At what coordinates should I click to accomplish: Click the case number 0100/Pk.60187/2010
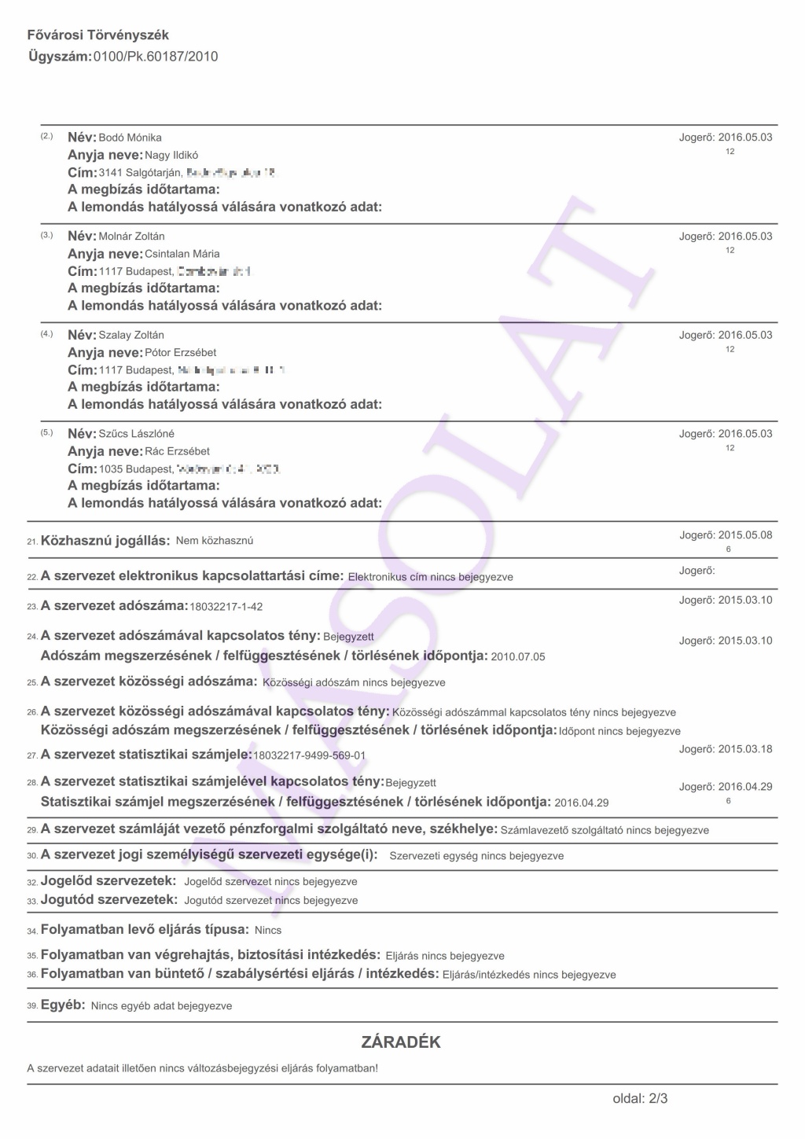[x=156, y=57]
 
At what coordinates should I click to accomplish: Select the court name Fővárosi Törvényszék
[x=98, y=35]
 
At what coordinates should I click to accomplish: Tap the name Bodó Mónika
[x=130, y=138]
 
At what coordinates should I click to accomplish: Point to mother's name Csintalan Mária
[x=182, y=254]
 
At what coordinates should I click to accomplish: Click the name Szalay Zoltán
[x=131, y=335]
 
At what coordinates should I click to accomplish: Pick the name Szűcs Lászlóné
[x=137, y=434]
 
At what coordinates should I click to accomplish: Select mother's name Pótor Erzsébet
[x=181, y=353]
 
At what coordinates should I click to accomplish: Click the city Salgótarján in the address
[x=154, y=173]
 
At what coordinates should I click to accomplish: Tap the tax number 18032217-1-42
[x=226, y=607]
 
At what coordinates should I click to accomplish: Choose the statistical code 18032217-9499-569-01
[x=310, y=755]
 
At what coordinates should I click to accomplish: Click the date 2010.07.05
[x=518, y=656]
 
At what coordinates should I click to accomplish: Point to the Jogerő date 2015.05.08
[x=745, y=535]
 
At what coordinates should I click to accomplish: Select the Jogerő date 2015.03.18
[x=745, y=749]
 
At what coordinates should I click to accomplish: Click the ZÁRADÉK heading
[x=401, y=1042]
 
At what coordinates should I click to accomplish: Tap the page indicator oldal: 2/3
[x=640, y=1098]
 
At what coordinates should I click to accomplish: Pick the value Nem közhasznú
[x=215, y=541]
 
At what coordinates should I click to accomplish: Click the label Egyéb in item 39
[x=62, y=1005]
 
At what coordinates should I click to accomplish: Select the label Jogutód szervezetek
[x=108, y=899]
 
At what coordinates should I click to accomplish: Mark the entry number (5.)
[x=46, y=433]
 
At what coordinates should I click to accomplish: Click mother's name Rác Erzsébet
[x=178, y=452]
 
